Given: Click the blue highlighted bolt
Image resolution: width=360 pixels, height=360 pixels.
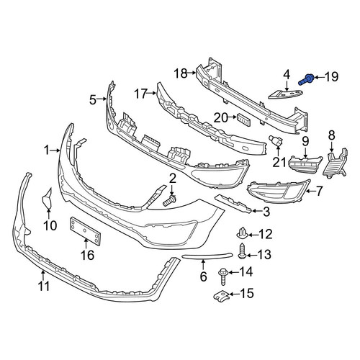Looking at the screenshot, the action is click(x=306, y=79).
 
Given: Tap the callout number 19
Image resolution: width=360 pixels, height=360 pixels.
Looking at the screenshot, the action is click(x=331, y=77).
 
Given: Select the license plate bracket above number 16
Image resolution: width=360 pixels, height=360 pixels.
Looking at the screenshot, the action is click(x=85, y=231).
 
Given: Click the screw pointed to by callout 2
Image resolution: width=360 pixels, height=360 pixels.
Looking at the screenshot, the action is click(x=170, y=201).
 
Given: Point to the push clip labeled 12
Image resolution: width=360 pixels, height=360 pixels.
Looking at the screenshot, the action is click(x=243, y=233).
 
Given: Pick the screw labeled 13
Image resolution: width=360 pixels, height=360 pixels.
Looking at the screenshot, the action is click(x=241, y=251).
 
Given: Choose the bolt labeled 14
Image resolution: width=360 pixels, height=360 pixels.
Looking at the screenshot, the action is click(x=223, y=276).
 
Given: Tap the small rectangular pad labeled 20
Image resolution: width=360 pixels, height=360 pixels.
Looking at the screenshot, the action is click(x=244, y=120).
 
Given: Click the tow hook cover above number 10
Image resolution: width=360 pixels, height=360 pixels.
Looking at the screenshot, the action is click(x=48, y=198).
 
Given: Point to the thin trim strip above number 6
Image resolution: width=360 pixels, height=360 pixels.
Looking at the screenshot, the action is click(x=207, y=256).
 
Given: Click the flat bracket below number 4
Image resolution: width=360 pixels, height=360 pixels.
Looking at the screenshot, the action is click(x=286, y=94).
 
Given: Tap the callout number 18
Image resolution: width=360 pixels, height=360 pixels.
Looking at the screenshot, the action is click(x=181, y=73).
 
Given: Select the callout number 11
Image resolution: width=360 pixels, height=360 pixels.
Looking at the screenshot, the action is click(x=44, y=287).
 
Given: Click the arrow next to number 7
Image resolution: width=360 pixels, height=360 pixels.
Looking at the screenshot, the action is click(x=312, y=191).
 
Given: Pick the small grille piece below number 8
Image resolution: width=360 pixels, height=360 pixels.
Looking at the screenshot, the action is click(x=336, y=163).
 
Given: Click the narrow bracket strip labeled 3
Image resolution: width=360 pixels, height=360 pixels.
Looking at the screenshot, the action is click(x=233, y=204).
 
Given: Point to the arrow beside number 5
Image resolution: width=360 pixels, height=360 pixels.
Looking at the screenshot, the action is click(x=102, y=99).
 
